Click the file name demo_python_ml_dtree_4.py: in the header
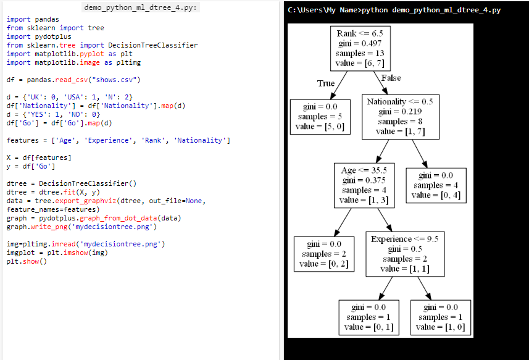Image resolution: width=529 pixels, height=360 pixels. (141, 7)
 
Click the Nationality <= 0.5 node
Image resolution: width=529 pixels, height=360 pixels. (400, 115)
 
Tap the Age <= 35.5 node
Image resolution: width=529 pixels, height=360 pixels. (364, 185)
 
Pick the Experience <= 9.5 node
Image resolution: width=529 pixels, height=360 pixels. (404, 253)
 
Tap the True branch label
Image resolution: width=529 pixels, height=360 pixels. (326, 83)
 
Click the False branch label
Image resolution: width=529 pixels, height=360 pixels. (391, 78)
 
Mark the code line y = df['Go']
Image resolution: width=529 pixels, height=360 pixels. (31, 166)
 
